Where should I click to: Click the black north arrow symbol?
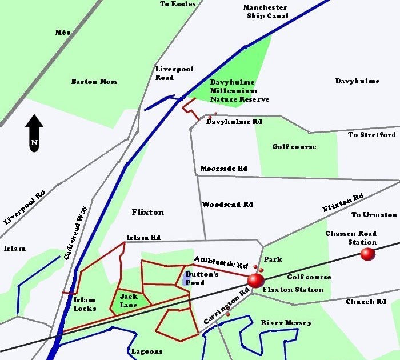[x=34, y=133]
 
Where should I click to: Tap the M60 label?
[x=63, y=33]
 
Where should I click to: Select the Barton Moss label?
[x=94, y=82]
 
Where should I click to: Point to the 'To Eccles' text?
[x=178, y=4]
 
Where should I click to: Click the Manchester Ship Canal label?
[x=265, y=11]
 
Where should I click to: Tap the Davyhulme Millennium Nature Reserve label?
[x=234, y=91]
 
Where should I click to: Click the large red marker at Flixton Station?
[x=255, y=281]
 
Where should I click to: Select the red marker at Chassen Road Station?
[x=367, y=254]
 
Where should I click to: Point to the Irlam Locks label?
[x=85, y=304]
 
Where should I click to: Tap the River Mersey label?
[x=286, y=323]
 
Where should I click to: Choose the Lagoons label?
[x=147, y=351]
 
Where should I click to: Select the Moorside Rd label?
[x=223, y=169]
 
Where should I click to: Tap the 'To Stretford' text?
[x=372, y=135]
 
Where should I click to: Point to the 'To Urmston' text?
[x=374, y=215]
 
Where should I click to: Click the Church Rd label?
[x=366, y=301]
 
